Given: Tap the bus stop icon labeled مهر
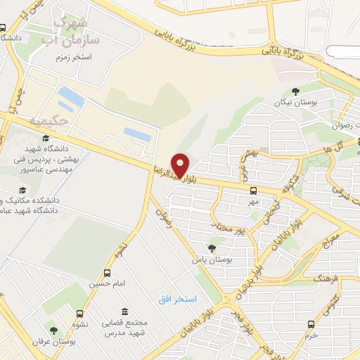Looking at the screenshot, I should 253,191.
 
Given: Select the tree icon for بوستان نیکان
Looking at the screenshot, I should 295,91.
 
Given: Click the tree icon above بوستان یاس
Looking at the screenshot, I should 212,247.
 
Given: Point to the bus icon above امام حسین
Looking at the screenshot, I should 107,273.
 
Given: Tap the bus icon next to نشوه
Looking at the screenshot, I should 79,314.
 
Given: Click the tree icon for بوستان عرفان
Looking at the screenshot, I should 53,330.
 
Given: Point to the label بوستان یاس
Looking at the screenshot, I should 210,260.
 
